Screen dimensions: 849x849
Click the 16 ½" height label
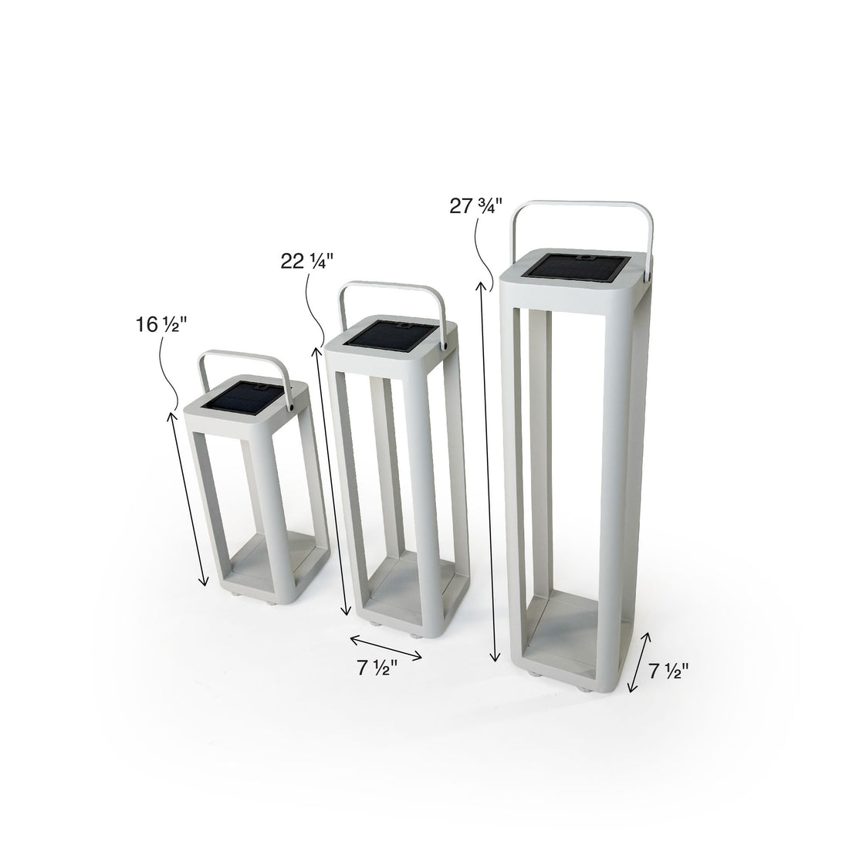[x=157, y=325]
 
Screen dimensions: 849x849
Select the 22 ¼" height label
[x=306, y=261]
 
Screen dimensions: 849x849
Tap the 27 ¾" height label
[x=475, y=206]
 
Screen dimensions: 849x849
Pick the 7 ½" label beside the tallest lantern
[x=668, y=671]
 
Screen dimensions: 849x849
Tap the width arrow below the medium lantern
[x=386, y=647]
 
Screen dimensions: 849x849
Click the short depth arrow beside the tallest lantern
[x=638, y=661]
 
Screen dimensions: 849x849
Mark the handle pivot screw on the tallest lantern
[x=651, y=273]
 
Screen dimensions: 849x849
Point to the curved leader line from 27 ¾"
[x=484, y=255]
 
